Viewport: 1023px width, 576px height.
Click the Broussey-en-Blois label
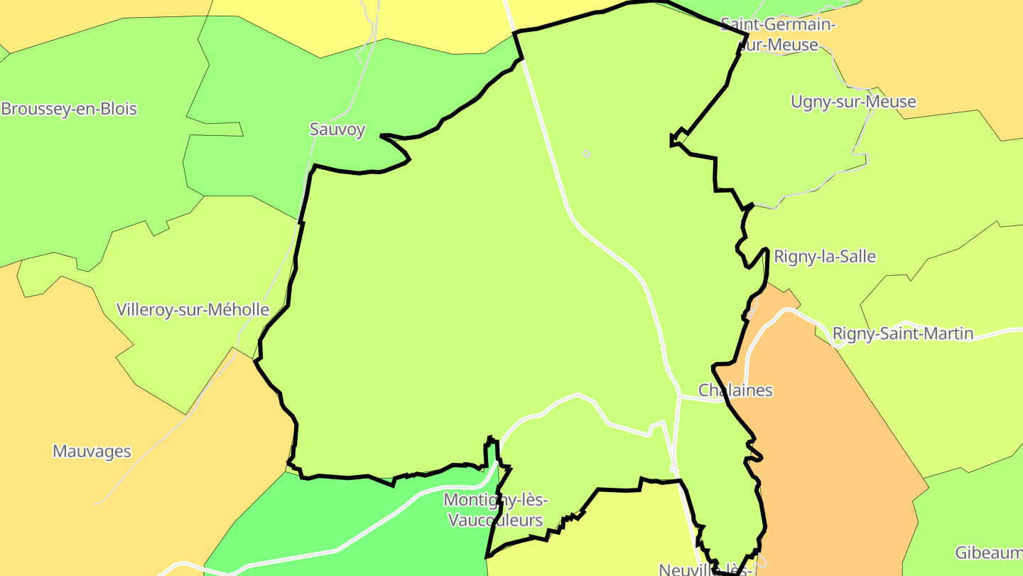click(x=69, y=110)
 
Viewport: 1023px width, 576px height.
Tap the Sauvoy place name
click(x=337, y=129)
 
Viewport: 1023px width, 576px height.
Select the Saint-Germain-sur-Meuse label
click(x=779, y=35)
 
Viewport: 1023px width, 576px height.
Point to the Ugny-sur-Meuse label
click(x=853, y=102)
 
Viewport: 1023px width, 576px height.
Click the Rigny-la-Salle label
click(x=825, y=257)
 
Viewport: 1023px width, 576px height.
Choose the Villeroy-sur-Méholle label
click(x=193, y=310)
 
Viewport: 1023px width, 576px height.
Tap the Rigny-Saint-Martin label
click(x=903, y=334)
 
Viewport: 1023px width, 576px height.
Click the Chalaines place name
click(x=735, y=390)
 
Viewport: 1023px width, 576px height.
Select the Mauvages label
click(x=92, y=452)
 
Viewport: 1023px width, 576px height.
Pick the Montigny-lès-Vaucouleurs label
click(x=496, y=510)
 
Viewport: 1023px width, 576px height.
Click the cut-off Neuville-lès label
click(x=705, y=570)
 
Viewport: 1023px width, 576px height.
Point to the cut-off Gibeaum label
click(x=988, y=553)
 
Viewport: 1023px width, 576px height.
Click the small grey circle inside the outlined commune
click(x=586, y=154)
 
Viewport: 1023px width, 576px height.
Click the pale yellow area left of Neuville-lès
click(x=625, y=533)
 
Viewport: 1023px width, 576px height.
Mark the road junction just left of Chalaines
click(x=679, y=397)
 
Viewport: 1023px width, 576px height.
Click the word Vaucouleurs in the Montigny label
click(x=496, y=521)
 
